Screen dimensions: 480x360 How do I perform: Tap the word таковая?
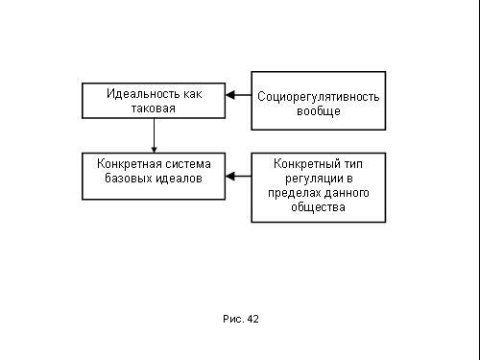pyautogui.click(x=154, y=108)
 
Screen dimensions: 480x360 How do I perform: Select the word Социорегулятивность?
pyautogui.click(x=319, y=97)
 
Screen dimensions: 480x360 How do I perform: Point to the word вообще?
pyautogui.click(x=319, y=111)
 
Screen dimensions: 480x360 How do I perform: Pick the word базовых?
pyautogui.click(x=129, y=178)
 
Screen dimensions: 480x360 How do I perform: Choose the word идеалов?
pyautogui.click(x=179, y=179)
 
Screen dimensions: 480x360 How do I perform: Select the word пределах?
pyautogui.click(x=295, y=193)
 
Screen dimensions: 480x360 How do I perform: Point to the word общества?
pyautogui.click(x=318, y=207)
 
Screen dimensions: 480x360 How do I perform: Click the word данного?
pyautogui.click(x=347, y=193)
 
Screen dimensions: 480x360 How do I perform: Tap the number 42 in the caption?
pyautogui.click(x=252, y=319)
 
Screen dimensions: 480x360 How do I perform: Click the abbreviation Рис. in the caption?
pyautogui.click(x=233, y=319)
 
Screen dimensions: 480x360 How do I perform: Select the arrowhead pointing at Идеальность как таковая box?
pyautogui.click(x=230, y=95)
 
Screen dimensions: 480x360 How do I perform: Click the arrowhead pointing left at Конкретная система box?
pyautogui.click(x=230, y=176)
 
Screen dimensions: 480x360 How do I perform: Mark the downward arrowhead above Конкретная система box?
pyautogui.click(x=154, y=150)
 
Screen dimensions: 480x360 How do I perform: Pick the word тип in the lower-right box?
pyautogui.click(x=353, y=164)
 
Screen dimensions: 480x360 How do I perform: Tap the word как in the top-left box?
pyautogui.click(x=193, y=94)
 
